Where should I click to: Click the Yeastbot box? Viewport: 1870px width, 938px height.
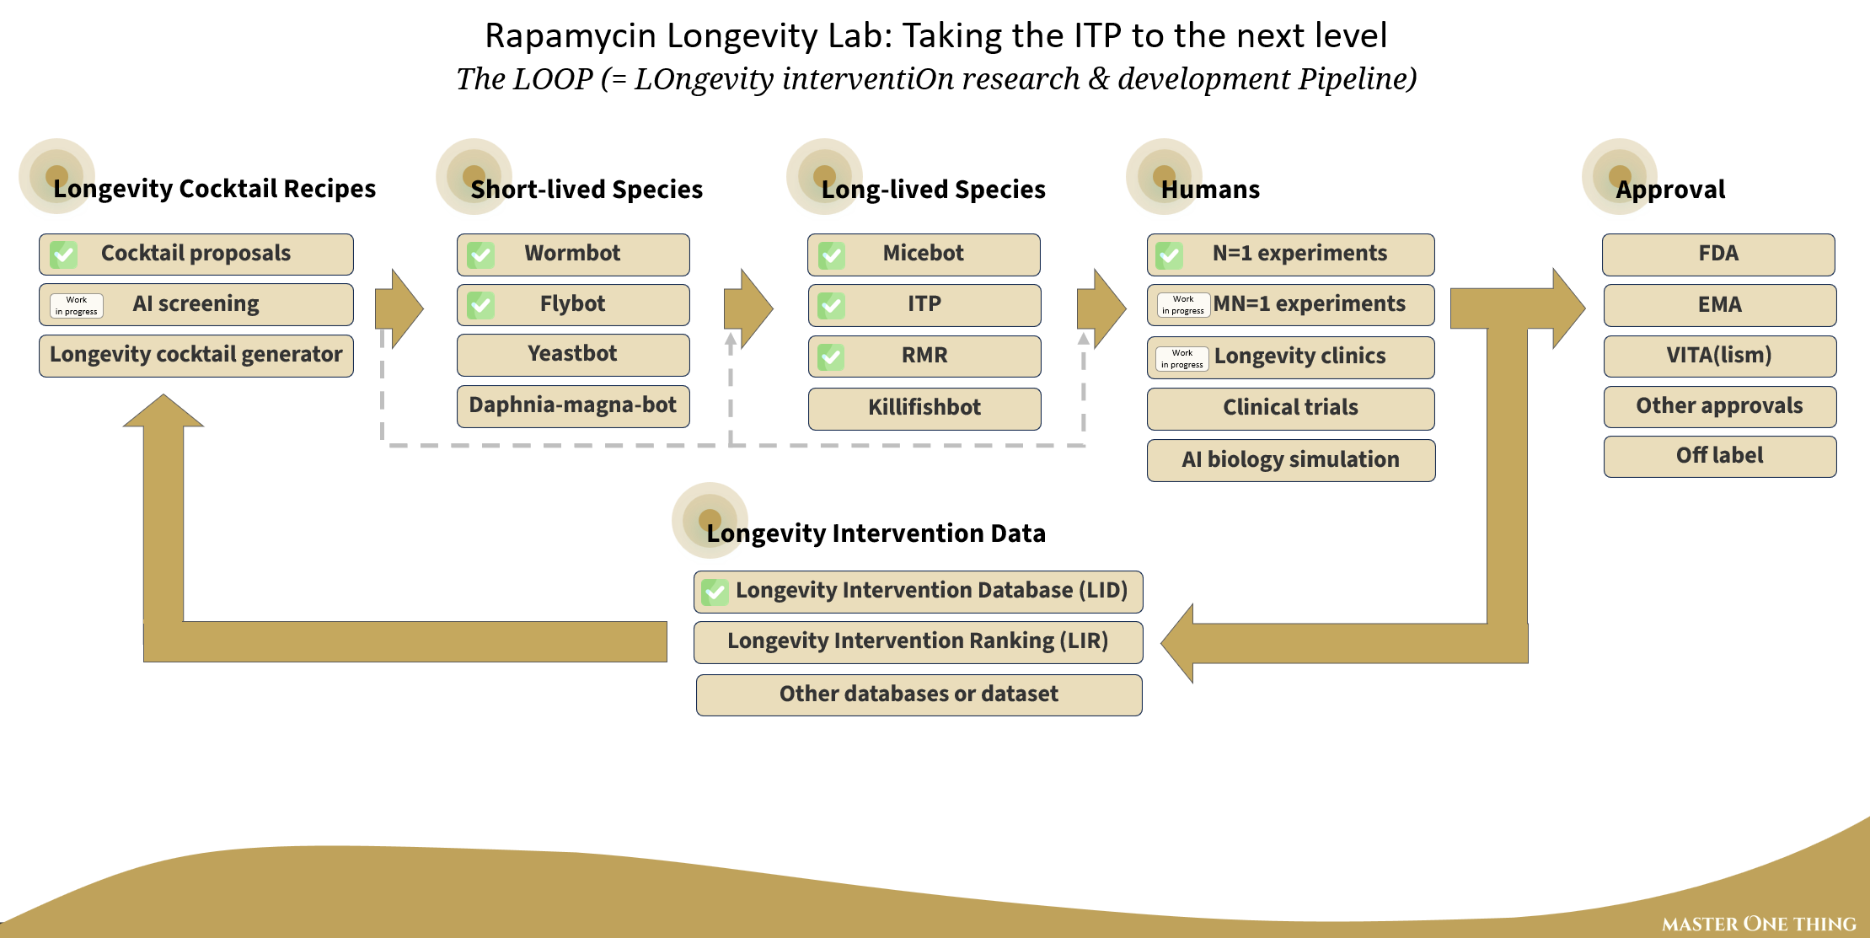pyautogui.click(x=573, y=355)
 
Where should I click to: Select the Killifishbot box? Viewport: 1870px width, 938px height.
pyautogui.click(x=924, y=409)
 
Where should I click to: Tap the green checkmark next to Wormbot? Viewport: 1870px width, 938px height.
pyautogui.click(x=481, y=255)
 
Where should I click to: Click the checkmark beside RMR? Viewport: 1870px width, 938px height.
pyautogui.click(x=831, y=357)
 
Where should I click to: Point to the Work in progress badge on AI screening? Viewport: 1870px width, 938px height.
pyautogui.click(x=77, y=306)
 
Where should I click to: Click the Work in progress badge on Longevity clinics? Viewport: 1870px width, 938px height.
pyautogui.click(x=1182, y=359)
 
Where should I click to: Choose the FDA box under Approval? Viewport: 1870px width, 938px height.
pyautogui.click(x=1718, y=255)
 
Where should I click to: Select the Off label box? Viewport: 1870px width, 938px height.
pyautogui.click(x=1720, y=457)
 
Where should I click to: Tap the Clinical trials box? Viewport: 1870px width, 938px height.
pyautogui.click(x=1291, y=409)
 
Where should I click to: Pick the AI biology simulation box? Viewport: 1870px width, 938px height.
pyautogui.click(x=1291, y=460)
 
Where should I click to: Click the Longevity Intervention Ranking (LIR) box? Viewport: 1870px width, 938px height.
pyautogui.click(x=919, y=642)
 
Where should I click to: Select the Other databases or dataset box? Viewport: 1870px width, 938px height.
pyautogui.click(x=919, y=695)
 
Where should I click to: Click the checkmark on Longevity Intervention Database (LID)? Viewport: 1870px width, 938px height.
pyautogui.click(x=715, y=592)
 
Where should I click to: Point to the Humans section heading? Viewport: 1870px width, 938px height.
pyautogui.click(x=1210, y=190)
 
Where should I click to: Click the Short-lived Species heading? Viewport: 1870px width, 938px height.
pyautogui.click(x=587, y=190)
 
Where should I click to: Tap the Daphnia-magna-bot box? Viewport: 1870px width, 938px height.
pyautogui.click(x=573, y=406)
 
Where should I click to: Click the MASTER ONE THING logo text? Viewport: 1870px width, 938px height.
pyautogui.click(x=1759, y=924)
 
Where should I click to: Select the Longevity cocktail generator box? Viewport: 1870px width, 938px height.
pyautogui.click(x=196, y=356)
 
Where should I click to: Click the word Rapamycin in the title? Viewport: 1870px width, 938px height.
pyautogui.click(x=571, y=36)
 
